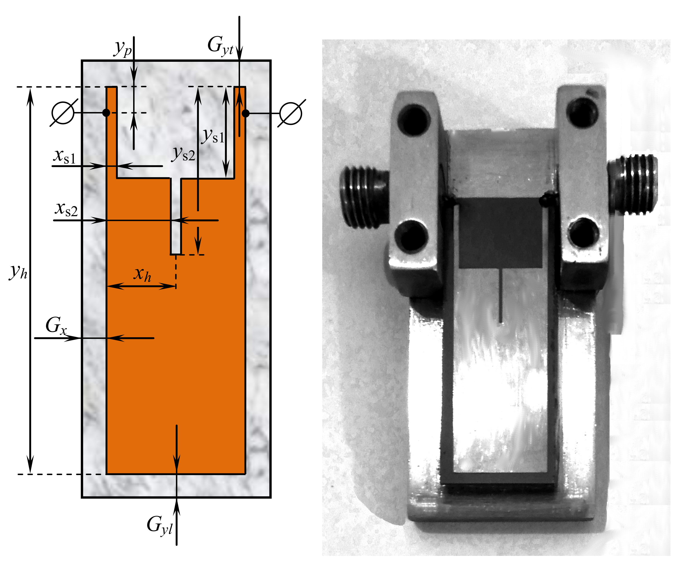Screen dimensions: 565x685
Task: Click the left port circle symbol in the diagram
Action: point(63,113)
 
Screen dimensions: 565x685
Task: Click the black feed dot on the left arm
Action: point(106,113)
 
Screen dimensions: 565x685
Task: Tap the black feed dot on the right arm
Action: point(246,113)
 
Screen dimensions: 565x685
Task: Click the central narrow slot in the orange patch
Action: point(176,216)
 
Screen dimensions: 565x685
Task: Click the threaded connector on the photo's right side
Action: point(632,185)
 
